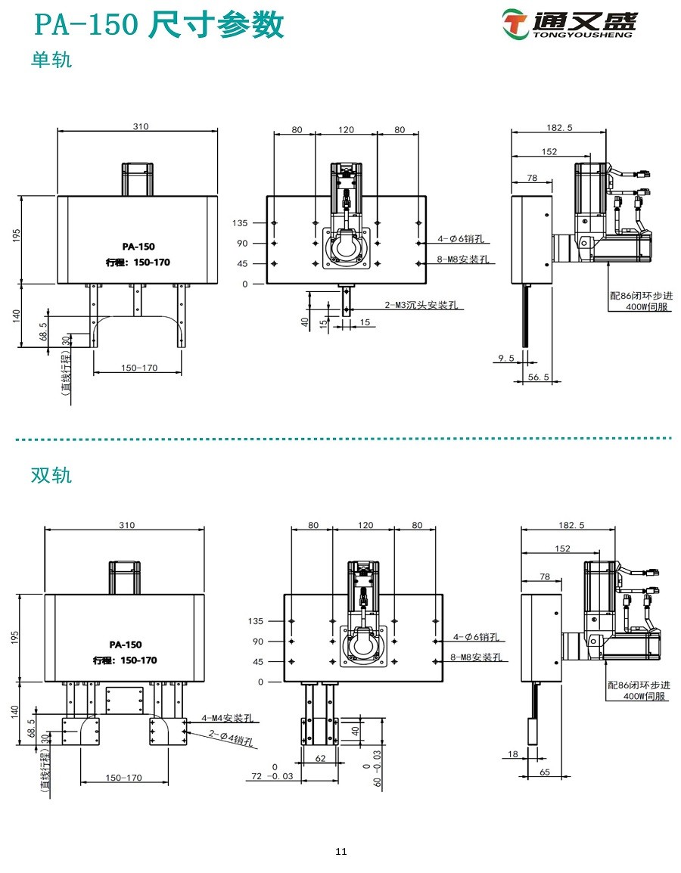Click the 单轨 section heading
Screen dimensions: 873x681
coord(51,60)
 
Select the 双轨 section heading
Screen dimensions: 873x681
coord(51,475)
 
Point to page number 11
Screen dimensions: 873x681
coord(340,852)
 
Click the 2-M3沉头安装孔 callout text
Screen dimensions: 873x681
coord(421,306)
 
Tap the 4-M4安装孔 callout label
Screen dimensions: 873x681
coord(226,717)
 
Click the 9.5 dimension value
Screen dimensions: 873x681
coord(506,358)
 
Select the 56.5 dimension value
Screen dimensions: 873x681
coord(538,377)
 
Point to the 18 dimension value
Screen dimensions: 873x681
coord(513,754)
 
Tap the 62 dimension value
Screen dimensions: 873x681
coord(320,757)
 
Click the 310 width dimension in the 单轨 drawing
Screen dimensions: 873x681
coord(141,126)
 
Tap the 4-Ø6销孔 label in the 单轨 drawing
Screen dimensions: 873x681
coord(463,239)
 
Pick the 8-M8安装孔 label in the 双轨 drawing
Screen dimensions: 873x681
coord(475,657)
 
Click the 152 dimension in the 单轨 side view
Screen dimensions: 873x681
coord(549,152)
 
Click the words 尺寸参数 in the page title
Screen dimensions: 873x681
coord(217,26)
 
